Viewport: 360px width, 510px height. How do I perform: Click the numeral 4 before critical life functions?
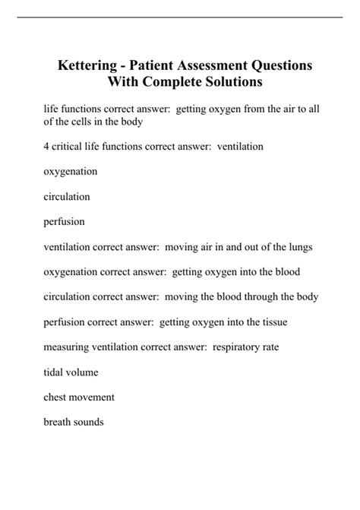[46, 146]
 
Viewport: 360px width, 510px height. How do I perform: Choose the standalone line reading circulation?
[67, 196]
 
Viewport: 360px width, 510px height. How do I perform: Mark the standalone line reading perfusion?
[65, 222]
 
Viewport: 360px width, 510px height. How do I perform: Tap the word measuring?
[68, 347]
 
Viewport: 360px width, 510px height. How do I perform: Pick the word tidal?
[54, 372]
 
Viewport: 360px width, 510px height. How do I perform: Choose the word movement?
[93, 398]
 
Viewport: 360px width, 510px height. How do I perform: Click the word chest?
[56, 398]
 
